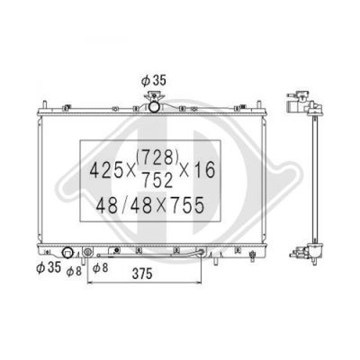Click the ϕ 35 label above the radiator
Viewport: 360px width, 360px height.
(x=154, y=80)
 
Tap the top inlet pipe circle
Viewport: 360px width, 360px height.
(x=155, y=106)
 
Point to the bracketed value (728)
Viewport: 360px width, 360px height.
(x=157, y=157)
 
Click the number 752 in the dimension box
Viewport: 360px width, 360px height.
(x=157, y=181)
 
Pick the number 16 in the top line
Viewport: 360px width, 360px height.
(x=205, y=170)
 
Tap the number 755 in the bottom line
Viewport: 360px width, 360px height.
(x=188, y=206)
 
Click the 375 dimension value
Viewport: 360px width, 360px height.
(x=141, y=274)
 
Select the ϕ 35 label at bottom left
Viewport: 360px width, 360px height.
(x=49, y=267)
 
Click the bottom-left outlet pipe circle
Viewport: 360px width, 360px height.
(x=67, y=253)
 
